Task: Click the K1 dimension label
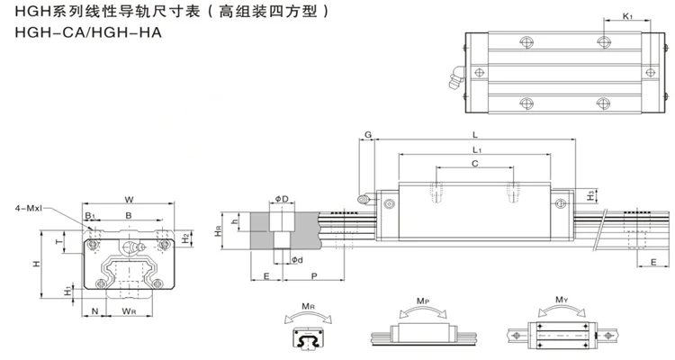tap(627, 16)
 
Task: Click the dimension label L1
tap(476, 150)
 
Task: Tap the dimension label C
tap(475, 164)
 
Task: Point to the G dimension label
tap(368, 135)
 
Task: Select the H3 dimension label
tap(591, 195)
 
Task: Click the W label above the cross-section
tap(129, 200)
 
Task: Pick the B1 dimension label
tap(89, 215)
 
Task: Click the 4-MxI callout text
tap(29, 209)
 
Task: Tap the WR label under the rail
tap(129, 310)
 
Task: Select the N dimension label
tap(95, 310)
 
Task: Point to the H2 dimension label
tap(185, 238)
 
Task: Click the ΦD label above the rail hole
tap(282, 199)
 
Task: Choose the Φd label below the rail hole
tap(297, 260)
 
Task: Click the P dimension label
tap(314, 275)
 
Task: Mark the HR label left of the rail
tap(219, 231)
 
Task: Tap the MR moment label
tap(308, 307)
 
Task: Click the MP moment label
tap(423, 301)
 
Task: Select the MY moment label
tap(562, 300)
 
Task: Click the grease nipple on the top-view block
tap(456, 77)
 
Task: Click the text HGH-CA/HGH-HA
tap(88, 32)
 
